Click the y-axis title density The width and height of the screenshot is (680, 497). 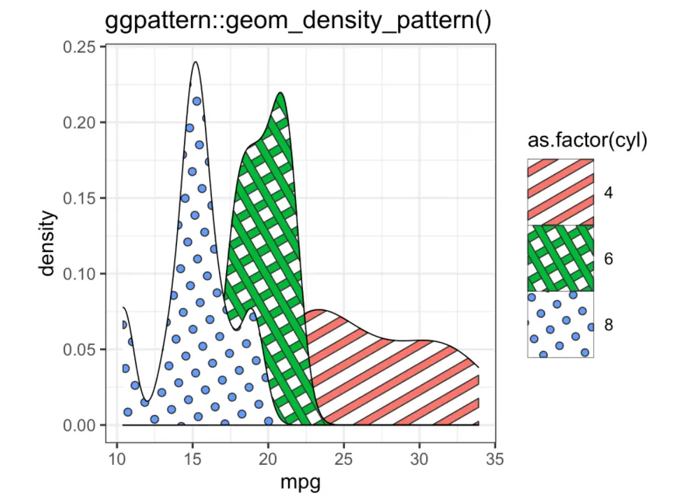[48, 244]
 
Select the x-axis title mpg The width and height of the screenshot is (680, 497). [300, 482]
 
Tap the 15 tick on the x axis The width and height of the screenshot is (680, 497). [193, 459]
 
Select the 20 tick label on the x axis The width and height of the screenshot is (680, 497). [268, 459]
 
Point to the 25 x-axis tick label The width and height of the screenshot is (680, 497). [343, 459]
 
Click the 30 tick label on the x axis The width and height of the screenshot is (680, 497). [419, 459]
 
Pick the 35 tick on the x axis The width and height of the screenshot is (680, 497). [494, 459]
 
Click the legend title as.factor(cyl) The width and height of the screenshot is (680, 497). [586, 141]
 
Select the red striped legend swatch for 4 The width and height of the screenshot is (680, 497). [560, 192]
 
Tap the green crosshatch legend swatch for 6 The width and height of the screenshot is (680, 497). [560, 258]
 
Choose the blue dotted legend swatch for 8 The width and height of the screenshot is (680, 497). [560, 325]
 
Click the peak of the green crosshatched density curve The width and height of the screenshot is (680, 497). [280, 93]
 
